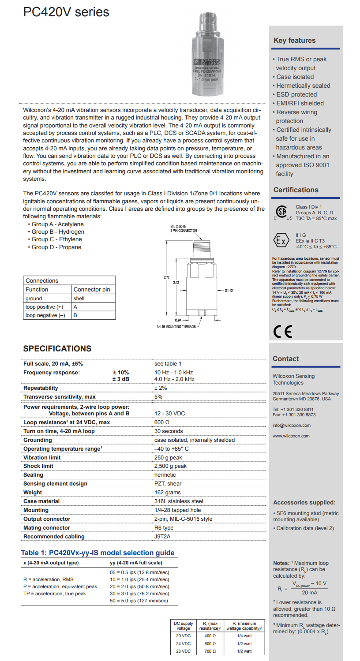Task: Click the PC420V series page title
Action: (66, 12)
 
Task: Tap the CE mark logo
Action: (282, 331)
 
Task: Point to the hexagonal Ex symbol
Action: (282, 241)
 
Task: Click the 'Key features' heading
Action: (294, 41)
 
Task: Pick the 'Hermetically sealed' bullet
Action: (303, 86)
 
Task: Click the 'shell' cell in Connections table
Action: (79, 299)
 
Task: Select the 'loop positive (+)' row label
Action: (45, 307)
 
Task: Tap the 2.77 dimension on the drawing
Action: (166, 277)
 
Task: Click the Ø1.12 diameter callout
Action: (229, 291)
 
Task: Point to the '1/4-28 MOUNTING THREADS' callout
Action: (176, 327)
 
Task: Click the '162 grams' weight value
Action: (168, 493)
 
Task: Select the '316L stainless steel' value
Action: (179, 501)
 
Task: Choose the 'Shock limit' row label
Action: (38, 466)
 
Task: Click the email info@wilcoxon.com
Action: (291, 426)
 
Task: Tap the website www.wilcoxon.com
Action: (291, 436)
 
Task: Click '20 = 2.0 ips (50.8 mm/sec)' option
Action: (139, 586)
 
